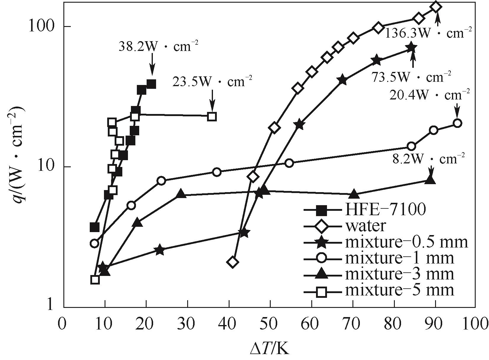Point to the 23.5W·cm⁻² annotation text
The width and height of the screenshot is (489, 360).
click(x=212, y=81)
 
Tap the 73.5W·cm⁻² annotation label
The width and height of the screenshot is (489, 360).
click(x=411, y=77)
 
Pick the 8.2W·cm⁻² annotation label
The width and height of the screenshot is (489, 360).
click(x=429, y=159)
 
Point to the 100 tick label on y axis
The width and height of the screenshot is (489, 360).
click(x=42, y=26)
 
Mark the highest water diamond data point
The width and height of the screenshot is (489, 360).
click(x=436, y=7)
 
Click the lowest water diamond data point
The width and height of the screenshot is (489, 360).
click(x=233, y=262)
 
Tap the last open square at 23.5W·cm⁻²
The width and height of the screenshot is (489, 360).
click(x=212, y=116)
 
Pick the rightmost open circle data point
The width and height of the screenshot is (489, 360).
click(x=457, y=123)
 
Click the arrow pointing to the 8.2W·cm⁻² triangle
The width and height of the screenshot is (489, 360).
click(x=431, y=171)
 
